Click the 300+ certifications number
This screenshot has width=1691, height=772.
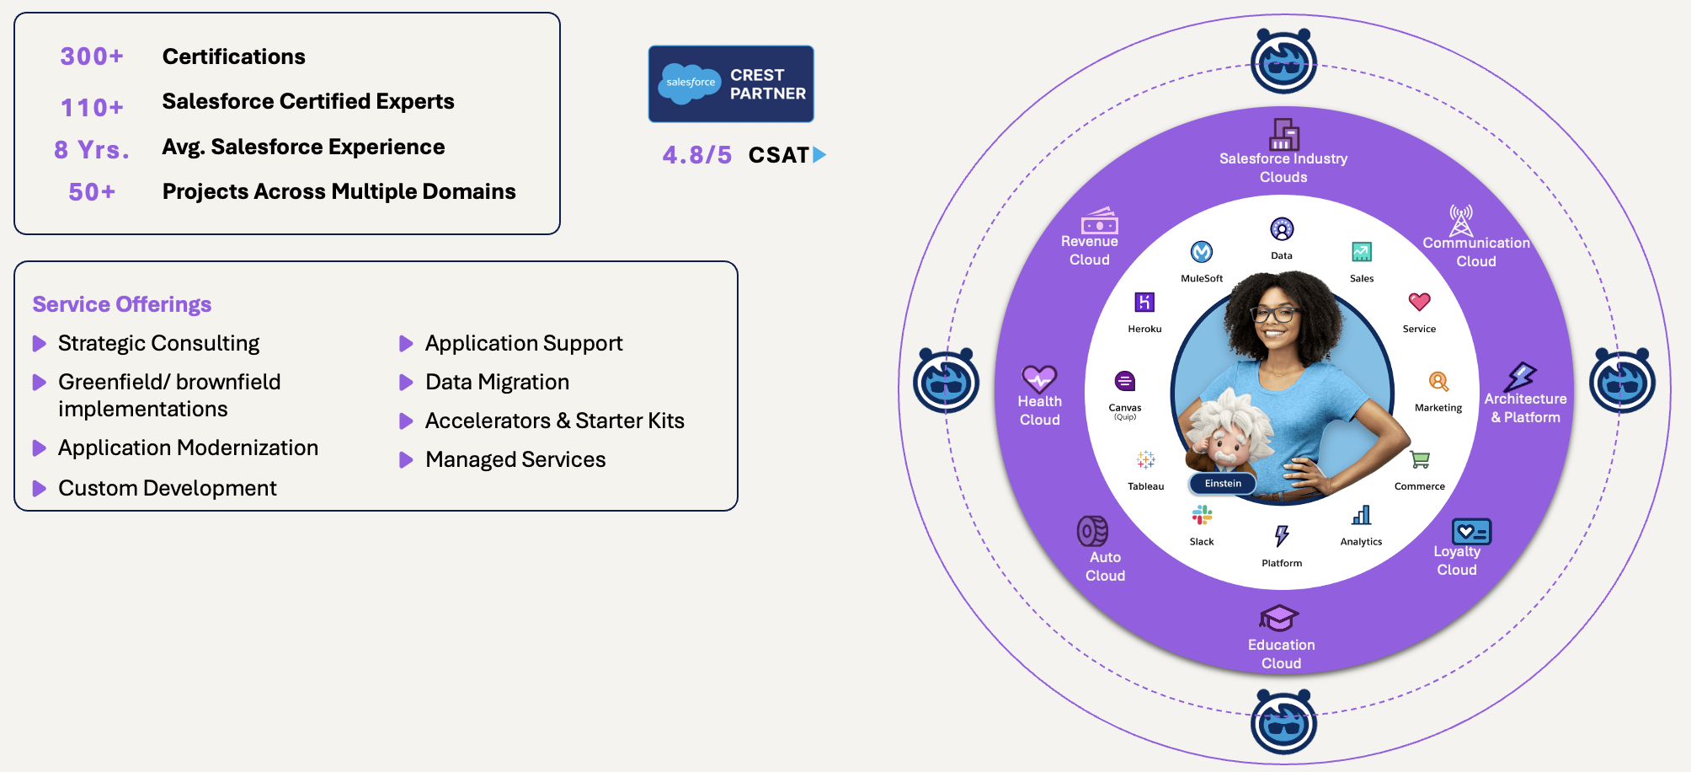(92, 56)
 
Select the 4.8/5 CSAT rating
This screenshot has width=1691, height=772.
(697, 155)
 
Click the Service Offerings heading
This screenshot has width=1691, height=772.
(122, 304)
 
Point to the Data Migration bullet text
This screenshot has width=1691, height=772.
(498, 382)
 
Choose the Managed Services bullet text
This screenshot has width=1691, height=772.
(515, 459)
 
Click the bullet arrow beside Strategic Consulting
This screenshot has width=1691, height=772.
(39, 343)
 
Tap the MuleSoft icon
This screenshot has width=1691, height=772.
(1202, 252)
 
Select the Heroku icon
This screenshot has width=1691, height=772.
(1144, 302)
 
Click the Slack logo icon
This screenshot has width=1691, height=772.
(1202, 515)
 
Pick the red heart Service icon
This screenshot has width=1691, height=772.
(1420, 301)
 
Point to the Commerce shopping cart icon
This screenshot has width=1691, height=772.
(1420, 459)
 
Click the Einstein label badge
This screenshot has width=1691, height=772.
(1223, 483)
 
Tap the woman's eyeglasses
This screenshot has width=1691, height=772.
(1274, 314)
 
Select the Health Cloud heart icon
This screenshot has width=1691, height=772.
(1039, 378)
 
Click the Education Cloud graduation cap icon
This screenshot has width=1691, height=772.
(1279, 618)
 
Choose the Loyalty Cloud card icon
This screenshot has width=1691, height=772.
(1471, 531)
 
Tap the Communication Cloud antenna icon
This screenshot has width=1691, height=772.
(1461, 220)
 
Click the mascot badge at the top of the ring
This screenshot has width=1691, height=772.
(1283, 61)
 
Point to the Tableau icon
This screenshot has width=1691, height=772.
(1145, 459)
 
